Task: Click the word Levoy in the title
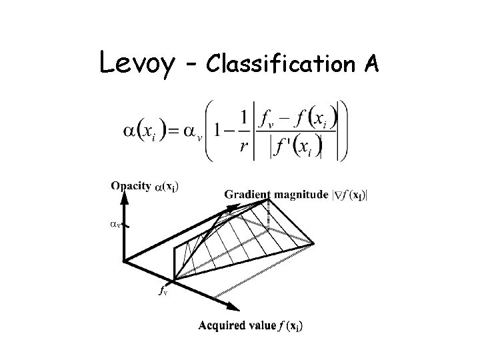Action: pos(138,63)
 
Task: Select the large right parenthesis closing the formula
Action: pos(341,131)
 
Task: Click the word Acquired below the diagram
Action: pos(222,326)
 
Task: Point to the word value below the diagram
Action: pos(261,326)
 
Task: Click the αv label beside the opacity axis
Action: pos(114,225)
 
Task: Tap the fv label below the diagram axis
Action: pos(162,291)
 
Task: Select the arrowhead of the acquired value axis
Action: pos(233,308)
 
